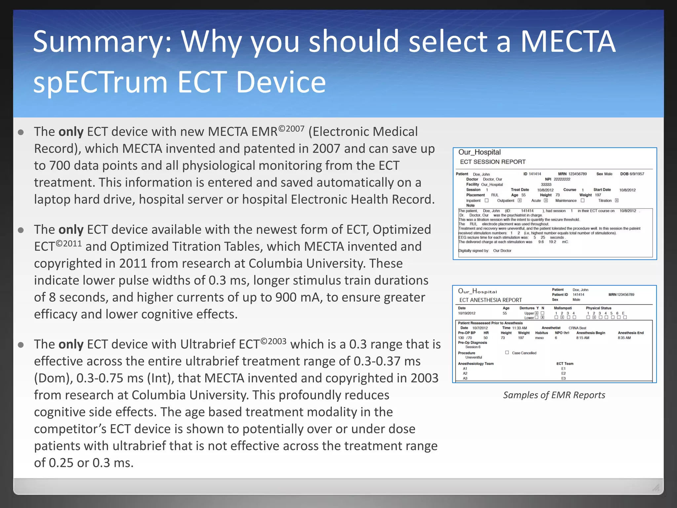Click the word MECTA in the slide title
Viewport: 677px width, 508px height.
568,42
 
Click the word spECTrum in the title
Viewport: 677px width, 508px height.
101,82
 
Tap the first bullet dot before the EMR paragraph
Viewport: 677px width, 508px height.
21,133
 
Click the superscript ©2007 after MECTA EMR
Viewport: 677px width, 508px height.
291,128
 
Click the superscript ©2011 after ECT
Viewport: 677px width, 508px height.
69,244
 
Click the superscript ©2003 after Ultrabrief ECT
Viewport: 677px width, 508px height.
273,341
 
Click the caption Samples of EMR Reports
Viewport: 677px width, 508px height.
554,395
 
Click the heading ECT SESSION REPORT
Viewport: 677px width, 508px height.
493,162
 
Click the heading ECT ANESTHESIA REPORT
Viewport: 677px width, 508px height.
491,300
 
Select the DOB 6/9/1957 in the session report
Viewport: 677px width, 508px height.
632,174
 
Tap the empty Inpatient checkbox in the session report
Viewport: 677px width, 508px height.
487,200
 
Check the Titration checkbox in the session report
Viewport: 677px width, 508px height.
617,200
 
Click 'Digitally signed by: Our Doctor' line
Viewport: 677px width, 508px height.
485,251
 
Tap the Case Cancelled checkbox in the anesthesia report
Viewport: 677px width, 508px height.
507,353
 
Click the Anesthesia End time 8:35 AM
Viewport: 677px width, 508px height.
624,338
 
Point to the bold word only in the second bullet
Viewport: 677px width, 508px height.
71,230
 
